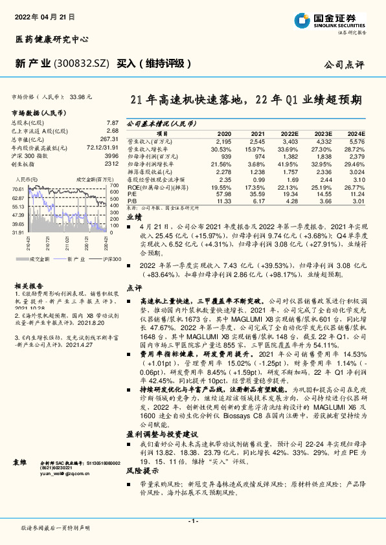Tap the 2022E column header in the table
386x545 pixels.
(x=289, y=133)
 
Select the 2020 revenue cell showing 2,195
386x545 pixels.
(x=223, y=140)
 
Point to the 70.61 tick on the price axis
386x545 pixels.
(x=17, y=189)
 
